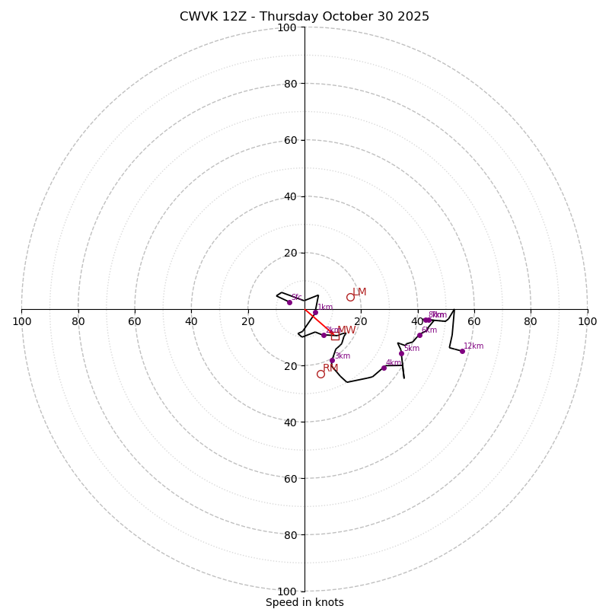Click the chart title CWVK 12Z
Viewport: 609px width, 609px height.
coord(304,17)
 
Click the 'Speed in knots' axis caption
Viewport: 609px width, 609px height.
coord(304,602)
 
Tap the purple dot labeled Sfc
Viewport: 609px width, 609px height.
coord(289,302)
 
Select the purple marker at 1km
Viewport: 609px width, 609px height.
coord(315,312)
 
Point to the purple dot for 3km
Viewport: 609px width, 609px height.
coord(332,360)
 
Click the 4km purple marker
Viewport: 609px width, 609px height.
coord(384,368)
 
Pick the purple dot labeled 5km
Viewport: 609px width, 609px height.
coord(401,353)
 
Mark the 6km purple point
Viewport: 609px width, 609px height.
coord(419,335)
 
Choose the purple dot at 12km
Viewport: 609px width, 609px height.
coord(462,351)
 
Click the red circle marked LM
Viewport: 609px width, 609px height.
coord(350,297)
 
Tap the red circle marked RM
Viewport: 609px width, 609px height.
coord(320,374)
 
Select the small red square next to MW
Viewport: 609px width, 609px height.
coord(335,336)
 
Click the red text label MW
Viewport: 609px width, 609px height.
coord(346,330)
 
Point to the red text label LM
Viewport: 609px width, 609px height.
coord(359,292)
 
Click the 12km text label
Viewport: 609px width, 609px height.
coord(473,346)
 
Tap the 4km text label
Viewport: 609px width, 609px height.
coord(393,363)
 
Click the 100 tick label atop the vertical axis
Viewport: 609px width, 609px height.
coord(286,27)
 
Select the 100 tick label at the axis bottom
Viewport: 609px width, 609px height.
coord(286,591)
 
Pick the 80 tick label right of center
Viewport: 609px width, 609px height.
coord(531,321)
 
